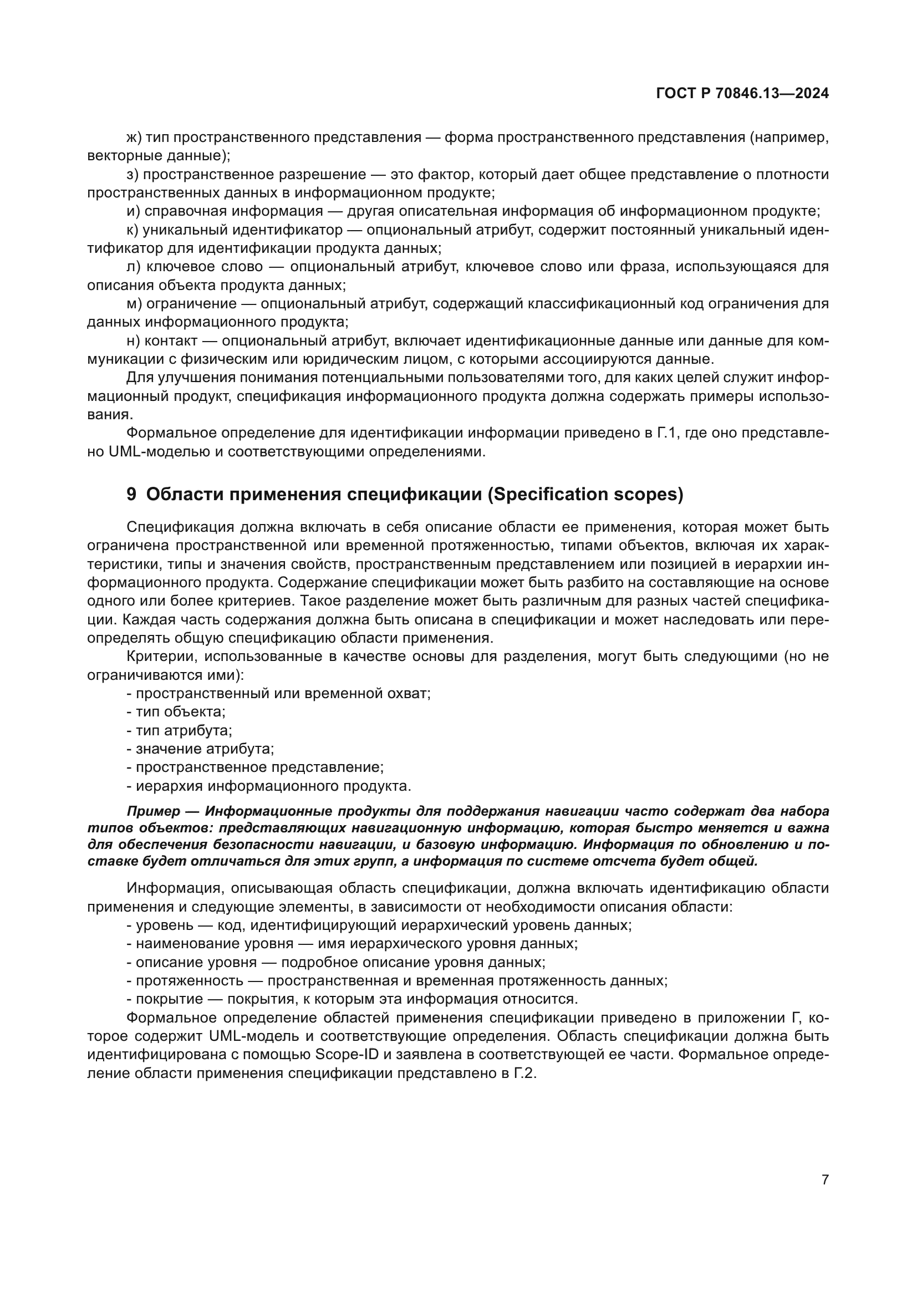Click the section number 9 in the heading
coord(131,495)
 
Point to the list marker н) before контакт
coord(133,341)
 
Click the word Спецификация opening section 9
coord(180,527)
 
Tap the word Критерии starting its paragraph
coord(161,657)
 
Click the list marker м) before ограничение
coord(134,304)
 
